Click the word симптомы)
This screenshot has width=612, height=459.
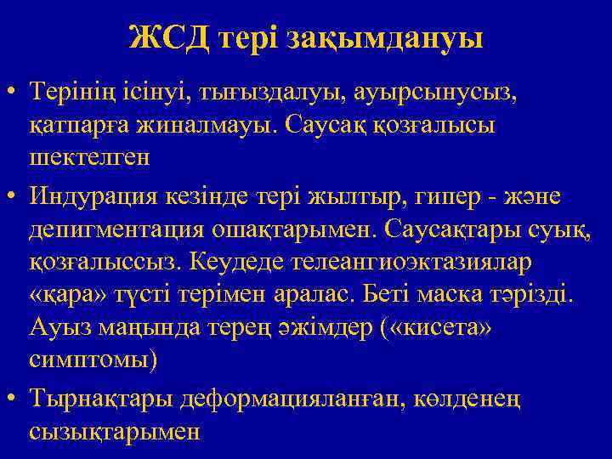[x=93, y=360]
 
